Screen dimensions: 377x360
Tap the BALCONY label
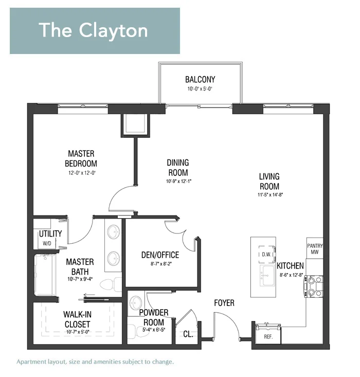[x=200, y=80]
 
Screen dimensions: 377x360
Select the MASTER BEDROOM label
[x=81, y=158]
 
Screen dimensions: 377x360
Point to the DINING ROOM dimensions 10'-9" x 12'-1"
[x=177, y=182]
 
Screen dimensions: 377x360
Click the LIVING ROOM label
[x=269, y=182]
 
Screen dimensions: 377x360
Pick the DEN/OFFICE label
[x=160, y=255]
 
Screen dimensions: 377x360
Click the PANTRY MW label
[x=315, y=248]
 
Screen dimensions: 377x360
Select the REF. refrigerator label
[x=268, y=337]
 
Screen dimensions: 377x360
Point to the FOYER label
[x=224, y=303]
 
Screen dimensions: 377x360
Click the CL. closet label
[x=188, y=334]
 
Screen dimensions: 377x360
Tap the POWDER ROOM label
[x=154, y=317]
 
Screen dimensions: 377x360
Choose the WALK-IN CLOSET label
[x=78, y=319]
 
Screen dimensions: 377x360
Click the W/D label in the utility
[x=46, y=243]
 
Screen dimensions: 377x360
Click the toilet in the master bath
[x=110, y=285]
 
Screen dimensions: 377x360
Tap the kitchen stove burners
[x=314, y=286]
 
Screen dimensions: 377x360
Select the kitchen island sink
[x=265, y=274]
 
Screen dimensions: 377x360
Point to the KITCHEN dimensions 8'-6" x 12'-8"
[x=290, y=275]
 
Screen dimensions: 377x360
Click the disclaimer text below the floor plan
[x=95, y=362]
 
